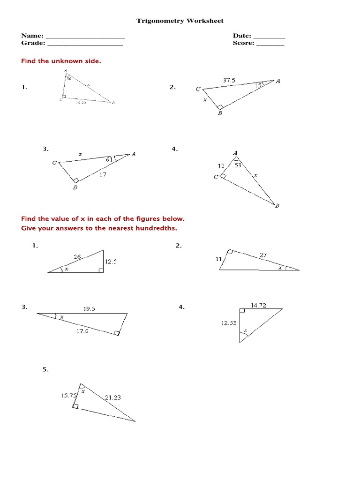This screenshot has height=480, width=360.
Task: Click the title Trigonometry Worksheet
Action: point(180,21)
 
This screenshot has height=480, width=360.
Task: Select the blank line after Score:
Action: point(270,44)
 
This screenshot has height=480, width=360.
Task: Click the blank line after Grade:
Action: point(85,44)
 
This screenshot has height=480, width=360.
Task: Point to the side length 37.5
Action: point(229,80)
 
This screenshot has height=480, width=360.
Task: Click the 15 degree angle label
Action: point(258,85)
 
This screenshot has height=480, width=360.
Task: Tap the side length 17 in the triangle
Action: point(103,174)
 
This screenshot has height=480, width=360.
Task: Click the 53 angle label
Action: point(238,165)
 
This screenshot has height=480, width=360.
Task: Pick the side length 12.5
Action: point(111,262)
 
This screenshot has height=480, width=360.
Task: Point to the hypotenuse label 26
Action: point(78,256)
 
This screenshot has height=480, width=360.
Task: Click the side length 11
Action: point(218,259)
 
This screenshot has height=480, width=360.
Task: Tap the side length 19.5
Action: point(89,309)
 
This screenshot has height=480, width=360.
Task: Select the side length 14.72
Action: point(258,305)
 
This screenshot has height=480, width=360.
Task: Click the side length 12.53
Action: point(229,322)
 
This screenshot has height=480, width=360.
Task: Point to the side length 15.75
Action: point(68,395)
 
